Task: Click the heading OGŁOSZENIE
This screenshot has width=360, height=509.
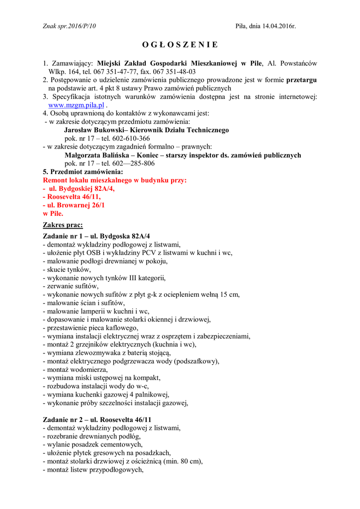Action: tap(180, 45)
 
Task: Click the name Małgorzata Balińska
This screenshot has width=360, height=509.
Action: tap(97, 155)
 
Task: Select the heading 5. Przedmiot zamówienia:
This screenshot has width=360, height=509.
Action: tap(83, 171)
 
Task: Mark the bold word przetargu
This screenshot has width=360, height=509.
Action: tap(302, 80)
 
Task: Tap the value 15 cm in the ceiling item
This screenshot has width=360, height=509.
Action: tap(230, 294)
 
